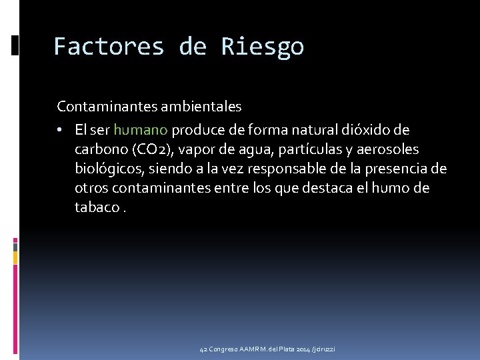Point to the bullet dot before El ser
[x=61, y=129]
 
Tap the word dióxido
[x=355, y=129]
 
